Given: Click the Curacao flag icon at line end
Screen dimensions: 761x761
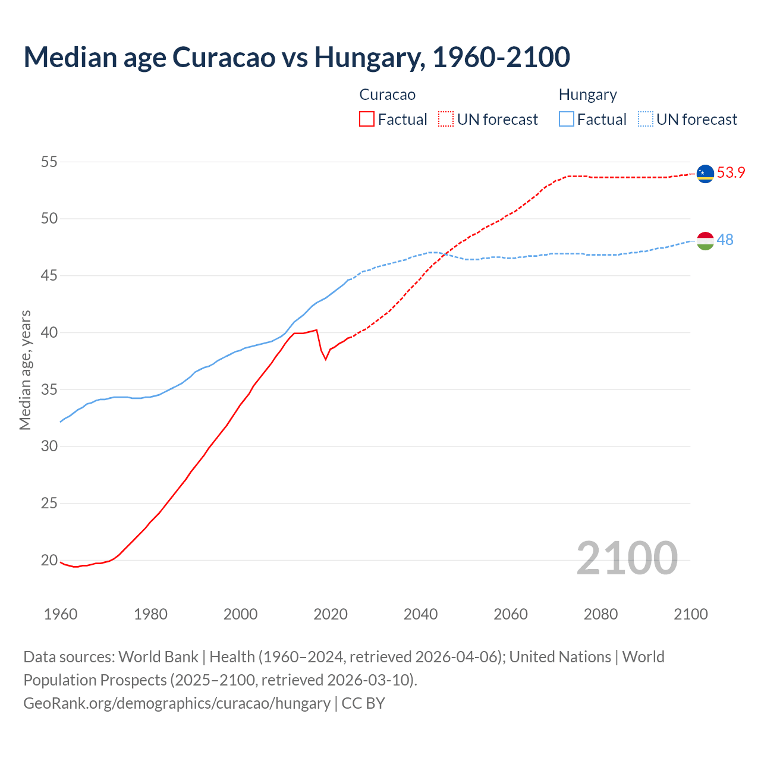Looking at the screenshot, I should pyautogui.click(x=705, y=174).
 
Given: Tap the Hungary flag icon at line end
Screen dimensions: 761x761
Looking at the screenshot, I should pyautogui.click(x=705, y=241).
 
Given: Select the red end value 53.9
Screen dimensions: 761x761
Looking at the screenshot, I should pyautogui.click(x=731, y=173).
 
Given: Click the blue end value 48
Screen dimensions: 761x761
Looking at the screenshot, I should pyautogui.click(x=725, y=240).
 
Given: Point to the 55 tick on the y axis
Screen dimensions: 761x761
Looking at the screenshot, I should pyautogui.click(x=49, y=162).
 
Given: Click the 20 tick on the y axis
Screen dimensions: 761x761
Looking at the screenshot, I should pyautogui.click(x=49, y=560).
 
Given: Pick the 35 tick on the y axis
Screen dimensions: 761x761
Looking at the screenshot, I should pyautogui.click(x=49, y=389).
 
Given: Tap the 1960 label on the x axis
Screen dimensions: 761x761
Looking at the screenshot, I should pyautogui.click(x=61, y=614).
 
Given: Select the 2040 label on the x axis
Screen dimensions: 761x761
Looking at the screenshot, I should pyautogui.click(x=420, y=614).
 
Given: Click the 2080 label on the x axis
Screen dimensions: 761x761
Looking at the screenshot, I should pyautogui.click(x=600, y=614).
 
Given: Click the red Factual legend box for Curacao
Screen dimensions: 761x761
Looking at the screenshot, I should pyautogui.click(x=367, y=120).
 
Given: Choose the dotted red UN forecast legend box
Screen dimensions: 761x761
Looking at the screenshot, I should pyautogui.click(x=446, y=120).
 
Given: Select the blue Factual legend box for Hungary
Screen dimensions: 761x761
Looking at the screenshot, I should pyautogui.click(x=567, y=120).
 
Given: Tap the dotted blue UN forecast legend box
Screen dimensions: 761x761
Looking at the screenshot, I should pyautogui.click(x=645, y=120).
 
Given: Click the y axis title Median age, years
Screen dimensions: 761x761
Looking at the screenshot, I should pyautogui.click(x=25, y=370).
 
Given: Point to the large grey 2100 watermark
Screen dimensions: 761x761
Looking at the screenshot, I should pyautogui.click(x=627, y=558).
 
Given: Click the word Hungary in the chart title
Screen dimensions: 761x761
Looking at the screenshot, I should pyautogui.click(x=369, y=57).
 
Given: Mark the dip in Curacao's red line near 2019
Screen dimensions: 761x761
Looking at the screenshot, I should pyautogui.click(x=325, y=359).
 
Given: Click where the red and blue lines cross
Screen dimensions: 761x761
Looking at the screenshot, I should pyautogui.click(x=443, y=255).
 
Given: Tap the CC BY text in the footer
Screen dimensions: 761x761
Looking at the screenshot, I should pyautogui.click(x=363, y=703).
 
